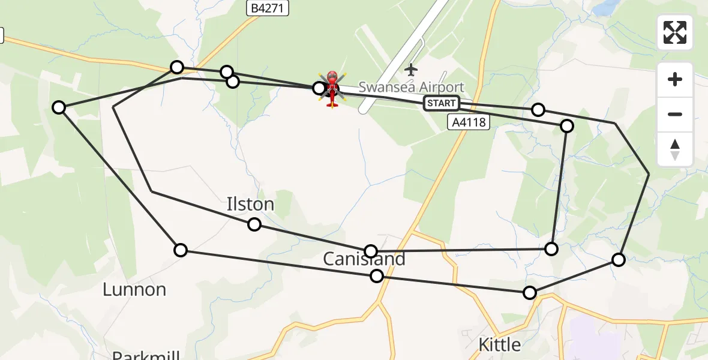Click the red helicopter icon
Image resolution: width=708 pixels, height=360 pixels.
tap(332, 89)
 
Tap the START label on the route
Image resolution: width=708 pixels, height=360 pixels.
tap(442, 103)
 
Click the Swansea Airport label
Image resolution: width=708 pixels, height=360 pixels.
tap(412, 88)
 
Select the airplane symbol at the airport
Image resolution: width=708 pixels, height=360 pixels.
tap(411, 70)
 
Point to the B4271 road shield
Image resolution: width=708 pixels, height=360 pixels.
tap(268, 8)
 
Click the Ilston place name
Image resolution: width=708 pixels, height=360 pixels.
tap(250, 204)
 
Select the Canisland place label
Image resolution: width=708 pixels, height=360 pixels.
tap(364, 259)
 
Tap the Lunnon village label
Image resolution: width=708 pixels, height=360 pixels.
tap(134, 290)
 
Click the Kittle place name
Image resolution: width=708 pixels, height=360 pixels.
tap(499, 345)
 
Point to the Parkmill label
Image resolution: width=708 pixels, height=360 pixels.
tap(146, 355)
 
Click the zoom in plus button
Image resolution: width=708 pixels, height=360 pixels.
tap(675, 79)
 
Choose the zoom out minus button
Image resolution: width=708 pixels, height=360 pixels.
tap(675, 114)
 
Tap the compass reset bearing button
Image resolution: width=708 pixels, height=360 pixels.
tap(675, 149)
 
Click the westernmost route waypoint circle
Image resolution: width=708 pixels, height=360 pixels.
tap(59, 107)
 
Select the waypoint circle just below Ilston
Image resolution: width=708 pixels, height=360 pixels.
tap(254, 224)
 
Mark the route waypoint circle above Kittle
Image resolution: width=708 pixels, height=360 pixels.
tap(530, 293)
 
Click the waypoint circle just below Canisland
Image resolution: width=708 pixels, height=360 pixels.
tap(377, 276)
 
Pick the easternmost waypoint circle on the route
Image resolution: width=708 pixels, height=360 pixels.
tap(619, 260)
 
